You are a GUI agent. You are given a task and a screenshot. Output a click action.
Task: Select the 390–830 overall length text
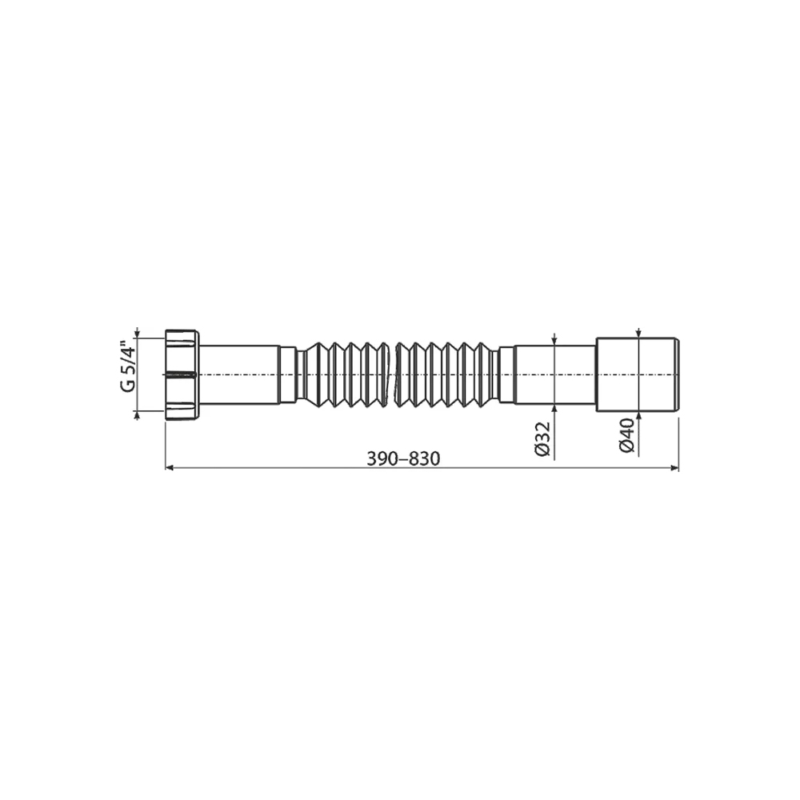(403, 459)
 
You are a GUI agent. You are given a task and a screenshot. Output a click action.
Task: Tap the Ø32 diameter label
(542, 438)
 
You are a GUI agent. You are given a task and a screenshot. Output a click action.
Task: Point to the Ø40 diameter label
(626, 435)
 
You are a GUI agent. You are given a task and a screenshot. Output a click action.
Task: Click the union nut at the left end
(182, 375)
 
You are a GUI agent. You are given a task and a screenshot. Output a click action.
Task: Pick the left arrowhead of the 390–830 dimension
(170, 467)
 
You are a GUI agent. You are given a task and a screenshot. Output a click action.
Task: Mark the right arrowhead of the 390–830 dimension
(674, 467)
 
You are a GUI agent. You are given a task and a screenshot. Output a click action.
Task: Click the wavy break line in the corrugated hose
(395, 375)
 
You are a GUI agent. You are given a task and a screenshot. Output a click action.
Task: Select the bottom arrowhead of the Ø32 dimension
(554, 409)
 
